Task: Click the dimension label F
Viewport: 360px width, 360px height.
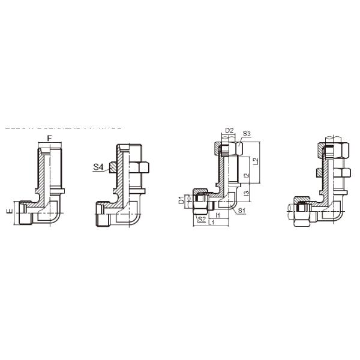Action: point(50,139)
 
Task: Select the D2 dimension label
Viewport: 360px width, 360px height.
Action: point(229,130)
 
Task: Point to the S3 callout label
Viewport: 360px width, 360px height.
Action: point(247,134)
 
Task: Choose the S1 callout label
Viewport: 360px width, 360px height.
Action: point(241,211)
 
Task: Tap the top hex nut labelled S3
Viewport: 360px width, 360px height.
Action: point(230,148)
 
